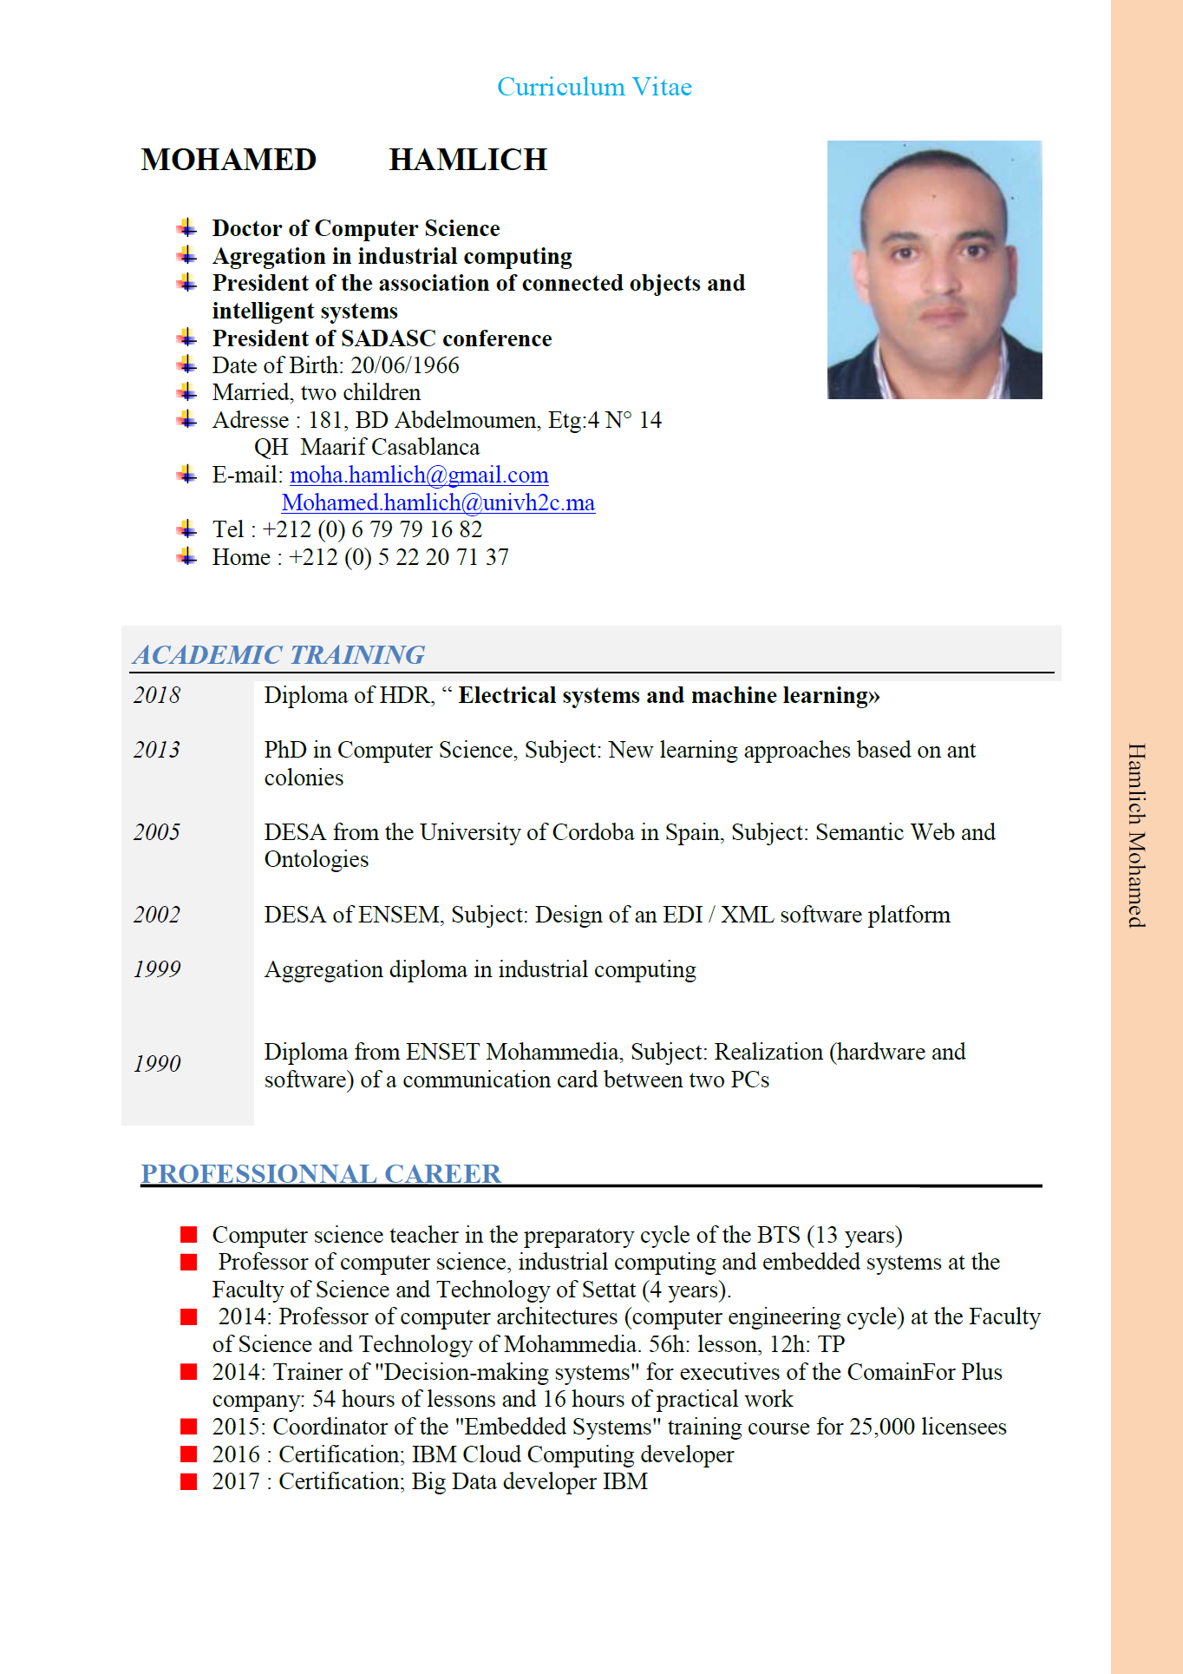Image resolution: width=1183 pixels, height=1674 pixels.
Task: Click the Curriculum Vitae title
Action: point(594,87)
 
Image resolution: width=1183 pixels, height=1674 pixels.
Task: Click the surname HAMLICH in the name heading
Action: point(467,161)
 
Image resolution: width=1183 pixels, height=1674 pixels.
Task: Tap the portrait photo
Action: point(934,269)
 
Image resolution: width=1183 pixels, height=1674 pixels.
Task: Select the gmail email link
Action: point(419,476)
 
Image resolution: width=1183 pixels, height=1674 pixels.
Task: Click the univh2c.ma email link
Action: point(438,503)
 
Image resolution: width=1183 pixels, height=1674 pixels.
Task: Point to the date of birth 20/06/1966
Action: point(404,365)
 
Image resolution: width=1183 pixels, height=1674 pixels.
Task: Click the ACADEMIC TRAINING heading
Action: point(278,654)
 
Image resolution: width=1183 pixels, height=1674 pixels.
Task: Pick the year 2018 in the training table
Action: point(157,695)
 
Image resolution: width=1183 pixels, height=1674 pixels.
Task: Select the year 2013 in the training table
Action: point(157,750)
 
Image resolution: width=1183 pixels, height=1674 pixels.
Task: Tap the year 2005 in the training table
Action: point(157,832)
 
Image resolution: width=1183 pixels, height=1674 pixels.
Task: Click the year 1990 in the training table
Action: point(157,1064)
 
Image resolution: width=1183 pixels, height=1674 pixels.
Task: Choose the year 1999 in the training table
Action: point(157,969)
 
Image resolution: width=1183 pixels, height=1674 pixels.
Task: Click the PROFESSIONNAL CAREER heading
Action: point(321,1173)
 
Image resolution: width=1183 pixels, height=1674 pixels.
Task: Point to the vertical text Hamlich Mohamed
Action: point(1136,835)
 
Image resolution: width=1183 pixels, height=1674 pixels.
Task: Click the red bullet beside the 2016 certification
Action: point(188,1454)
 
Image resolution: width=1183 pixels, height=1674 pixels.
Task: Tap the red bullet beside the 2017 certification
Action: point(188,1481)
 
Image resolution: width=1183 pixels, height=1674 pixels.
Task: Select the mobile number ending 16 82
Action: point(372,529)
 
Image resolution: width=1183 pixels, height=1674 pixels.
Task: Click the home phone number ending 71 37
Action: point(399,557)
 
